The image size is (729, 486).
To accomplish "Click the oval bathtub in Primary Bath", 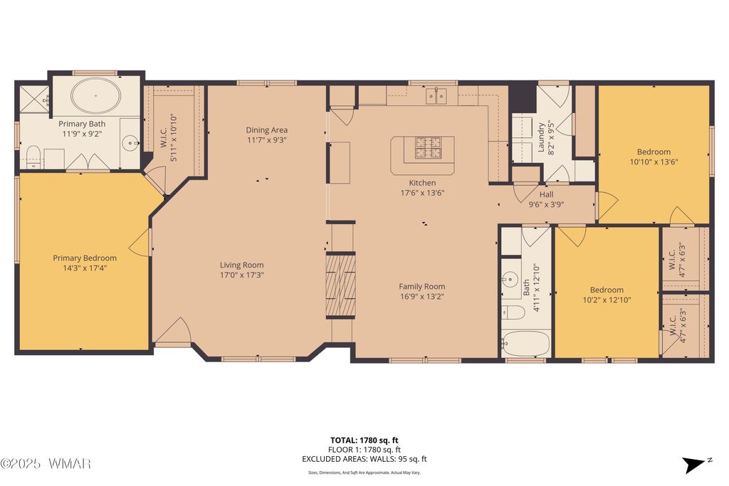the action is tap(96, 96).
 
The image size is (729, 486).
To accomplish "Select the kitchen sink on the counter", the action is tap(436, 96).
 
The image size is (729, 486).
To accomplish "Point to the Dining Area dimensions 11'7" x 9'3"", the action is tap(267, 140).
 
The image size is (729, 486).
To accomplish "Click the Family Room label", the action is tap(422, 286).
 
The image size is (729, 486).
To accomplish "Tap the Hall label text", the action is tap(546, 194).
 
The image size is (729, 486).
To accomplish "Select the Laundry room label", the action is tap(541, 137).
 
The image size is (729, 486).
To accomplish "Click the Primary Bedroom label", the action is tap(85, 258).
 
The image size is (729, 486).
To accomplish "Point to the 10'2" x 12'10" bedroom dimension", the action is tap(607, 300).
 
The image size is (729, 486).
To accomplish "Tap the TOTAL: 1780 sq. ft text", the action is tap(364, 440).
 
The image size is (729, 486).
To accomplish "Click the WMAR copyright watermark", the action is tap(46, 463).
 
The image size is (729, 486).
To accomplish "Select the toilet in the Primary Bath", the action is tap(33, 157).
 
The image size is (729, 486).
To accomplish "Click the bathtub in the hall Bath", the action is tap(526, 344).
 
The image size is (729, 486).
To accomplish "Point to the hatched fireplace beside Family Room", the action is tap(341, 285).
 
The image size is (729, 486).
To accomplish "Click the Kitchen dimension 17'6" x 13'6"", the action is tap(423, 192).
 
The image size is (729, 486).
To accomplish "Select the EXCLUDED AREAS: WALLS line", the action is tap(364, 459).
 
